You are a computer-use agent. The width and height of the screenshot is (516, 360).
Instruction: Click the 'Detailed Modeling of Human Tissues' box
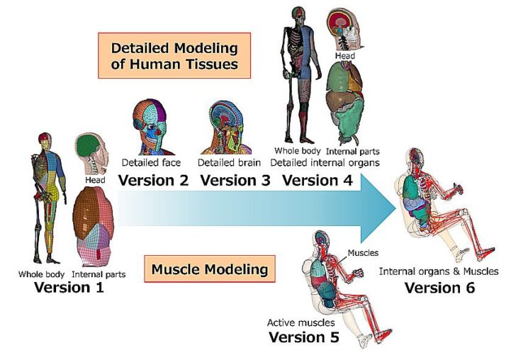click(174, 55)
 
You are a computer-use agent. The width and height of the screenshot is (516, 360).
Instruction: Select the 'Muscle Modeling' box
click(210, 269)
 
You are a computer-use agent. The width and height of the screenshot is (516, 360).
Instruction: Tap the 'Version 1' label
click(69, 287)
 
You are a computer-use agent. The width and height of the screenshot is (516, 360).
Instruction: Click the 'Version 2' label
click(153, 180)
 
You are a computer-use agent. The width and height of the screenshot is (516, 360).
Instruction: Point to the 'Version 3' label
click(235, 180)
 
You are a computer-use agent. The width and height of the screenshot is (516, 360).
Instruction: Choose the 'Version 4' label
click(318, 180)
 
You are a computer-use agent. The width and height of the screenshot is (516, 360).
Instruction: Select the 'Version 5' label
click(304, 337)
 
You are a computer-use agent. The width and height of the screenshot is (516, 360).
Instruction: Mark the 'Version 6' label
click(439, 288)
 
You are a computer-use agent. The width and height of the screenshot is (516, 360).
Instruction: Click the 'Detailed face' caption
click(151, 162)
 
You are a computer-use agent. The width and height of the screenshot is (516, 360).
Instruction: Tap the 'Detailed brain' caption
click(229, 162)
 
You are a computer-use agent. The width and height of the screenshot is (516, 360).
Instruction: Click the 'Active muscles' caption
click(301, 322)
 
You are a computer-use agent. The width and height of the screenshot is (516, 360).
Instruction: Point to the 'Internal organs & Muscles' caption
click(439, 271)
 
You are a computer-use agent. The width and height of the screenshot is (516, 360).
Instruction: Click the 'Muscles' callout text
click(363, 253)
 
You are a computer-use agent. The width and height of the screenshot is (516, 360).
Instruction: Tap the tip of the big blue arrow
click(396, 208)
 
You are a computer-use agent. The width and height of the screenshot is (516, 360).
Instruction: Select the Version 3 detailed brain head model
click(227, 128)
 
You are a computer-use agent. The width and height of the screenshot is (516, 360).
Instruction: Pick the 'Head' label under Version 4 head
click(345, 56)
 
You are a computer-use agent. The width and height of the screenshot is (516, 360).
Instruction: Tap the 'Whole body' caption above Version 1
click(41, 274)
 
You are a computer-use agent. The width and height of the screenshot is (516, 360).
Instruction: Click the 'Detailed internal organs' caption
click(325, 162)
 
